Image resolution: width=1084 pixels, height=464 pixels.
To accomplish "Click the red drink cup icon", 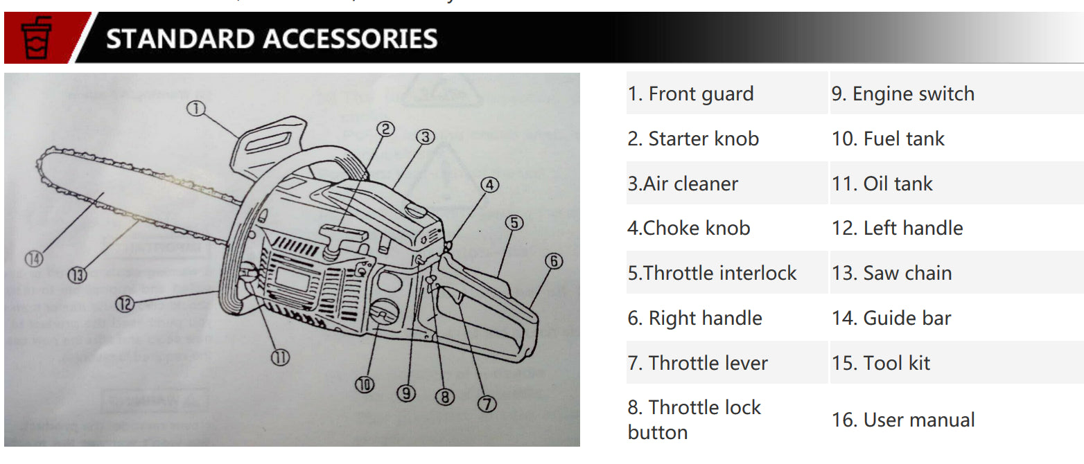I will click(36, 39).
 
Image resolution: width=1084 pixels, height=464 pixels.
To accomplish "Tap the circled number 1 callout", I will click(198, 108).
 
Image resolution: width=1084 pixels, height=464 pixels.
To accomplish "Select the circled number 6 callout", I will click(553, 261).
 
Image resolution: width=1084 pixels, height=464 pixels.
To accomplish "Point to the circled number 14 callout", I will click(33, 260).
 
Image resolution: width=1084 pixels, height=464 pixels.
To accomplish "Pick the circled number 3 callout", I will click(425, 136).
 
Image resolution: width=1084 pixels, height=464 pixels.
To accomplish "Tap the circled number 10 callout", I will click(366, 384).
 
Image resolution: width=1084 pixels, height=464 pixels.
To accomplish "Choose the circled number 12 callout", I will click(125, 303).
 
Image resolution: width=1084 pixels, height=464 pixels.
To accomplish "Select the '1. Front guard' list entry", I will click(690, 93).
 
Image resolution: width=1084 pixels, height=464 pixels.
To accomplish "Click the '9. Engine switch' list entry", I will click(902, 93).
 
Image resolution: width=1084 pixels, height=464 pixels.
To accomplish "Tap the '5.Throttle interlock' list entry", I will click(712, 273).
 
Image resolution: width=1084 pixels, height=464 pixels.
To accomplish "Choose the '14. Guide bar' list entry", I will click(891, 318).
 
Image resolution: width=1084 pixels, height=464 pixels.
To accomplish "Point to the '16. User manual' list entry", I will click(902, 420).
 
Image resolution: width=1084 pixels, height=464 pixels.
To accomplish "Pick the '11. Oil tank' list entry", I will click(882, 184).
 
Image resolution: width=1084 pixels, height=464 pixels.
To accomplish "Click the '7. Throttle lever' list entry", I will click(698, 363).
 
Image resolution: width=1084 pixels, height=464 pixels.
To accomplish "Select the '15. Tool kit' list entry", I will click(880, 363).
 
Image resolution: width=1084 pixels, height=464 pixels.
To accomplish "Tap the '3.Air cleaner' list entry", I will click(683, 184).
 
